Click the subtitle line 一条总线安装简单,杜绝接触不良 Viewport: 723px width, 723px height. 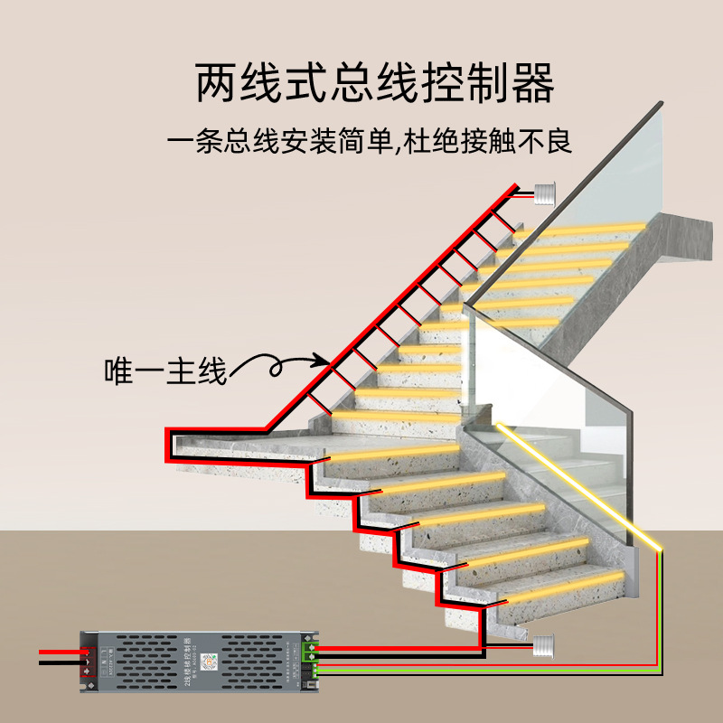(371, 142)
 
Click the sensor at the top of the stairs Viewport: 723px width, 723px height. (544, 193)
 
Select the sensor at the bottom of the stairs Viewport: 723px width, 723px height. (542, 643)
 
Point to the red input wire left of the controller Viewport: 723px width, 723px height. (59, 651)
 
